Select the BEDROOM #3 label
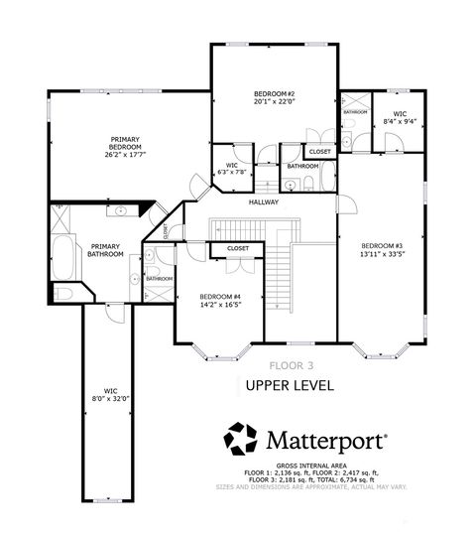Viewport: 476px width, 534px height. pos(381,245)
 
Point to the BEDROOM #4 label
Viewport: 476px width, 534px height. pos(219,297)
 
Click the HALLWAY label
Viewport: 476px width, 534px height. pos(263,202)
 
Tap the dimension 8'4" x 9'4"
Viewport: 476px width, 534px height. pos(399,121)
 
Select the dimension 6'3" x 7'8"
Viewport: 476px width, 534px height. pos(232,172)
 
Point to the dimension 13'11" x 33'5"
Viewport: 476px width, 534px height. pos(381,254)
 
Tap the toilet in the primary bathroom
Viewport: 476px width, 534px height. pos(61,294)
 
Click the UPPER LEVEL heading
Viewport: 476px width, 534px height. pos(290,384)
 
